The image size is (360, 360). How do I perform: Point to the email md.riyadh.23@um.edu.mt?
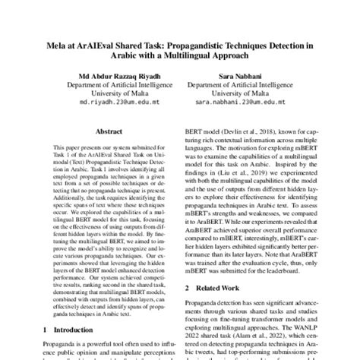(119, 99)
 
